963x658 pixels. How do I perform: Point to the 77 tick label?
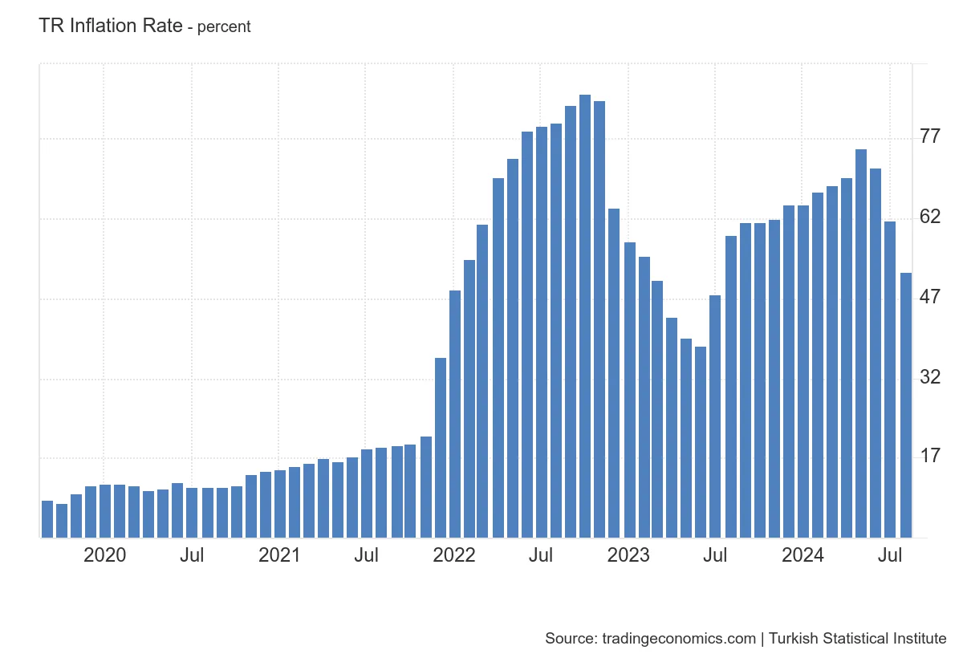tap(930, 136)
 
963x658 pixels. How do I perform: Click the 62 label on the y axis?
tap(930, 217)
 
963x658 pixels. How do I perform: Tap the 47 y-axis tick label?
tap(930, 297)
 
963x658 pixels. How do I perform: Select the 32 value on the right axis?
tap(930, 376)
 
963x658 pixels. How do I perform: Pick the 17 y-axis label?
tap(930, 456)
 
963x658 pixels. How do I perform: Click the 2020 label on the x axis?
tap(104, 555)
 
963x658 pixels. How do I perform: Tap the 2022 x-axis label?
tap(454, 555)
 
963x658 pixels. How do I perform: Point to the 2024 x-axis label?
tap(802, 555)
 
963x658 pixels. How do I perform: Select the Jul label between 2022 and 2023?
tap(541, 555)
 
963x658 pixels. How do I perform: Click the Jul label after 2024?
tap(888, 555)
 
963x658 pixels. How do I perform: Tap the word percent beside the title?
tap(224, 27)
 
